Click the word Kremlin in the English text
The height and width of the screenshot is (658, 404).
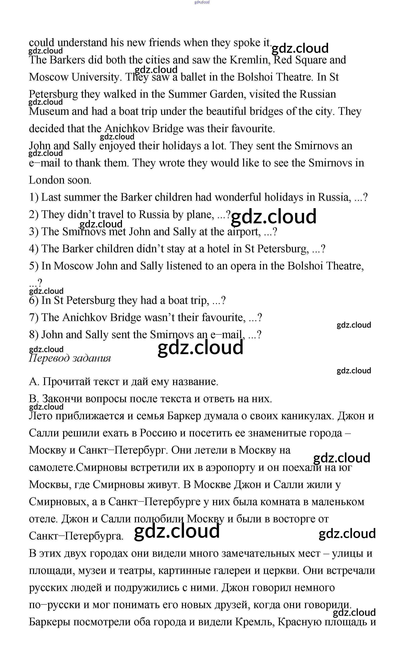pyautogui.click(x=250, y=60)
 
